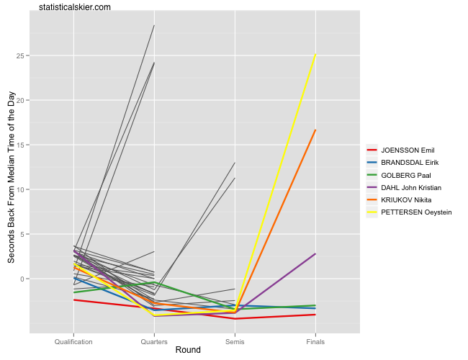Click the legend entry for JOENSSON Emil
[x=408, y=150]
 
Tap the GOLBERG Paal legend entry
[x=406, y=175]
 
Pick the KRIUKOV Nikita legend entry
[x=408, y=199]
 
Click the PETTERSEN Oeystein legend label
[x=416, y=212]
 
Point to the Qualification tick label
[x=74, y=341]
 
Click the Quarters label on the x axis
[x=154, y=341]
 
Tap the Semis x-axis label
[x=235, y=341]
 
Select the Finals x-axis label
[x=315, y=341]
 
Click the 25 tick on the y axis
[x=22, y=55]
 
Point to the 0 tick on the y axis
[x=24, y=279]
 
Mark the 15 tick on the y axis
[x=22, y=145]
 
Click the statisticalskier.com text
[x=76, y=7]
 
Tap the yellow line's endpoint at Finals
[x=315, y=55]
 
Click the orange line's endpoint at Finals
[x=315, y=130]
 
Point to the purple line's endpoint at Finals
[x=315, y=253]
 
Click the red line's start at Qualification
[x=74, y=300]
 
